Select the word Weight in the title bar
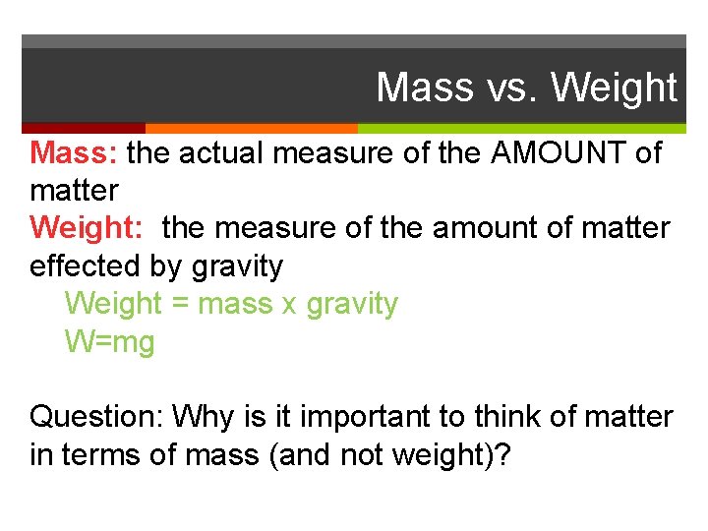[615, 88]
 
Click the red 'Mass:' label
[75, 153]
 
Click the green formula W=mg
[110, 342]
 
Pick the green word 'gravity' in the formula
[352, 304]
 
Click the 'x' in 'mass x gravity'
[288, 305]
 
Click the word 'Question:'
[96, 417]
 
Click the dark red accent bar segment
[84, 128]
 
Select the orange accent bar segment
[252, 128]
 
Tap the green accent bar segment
[522, 128]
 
